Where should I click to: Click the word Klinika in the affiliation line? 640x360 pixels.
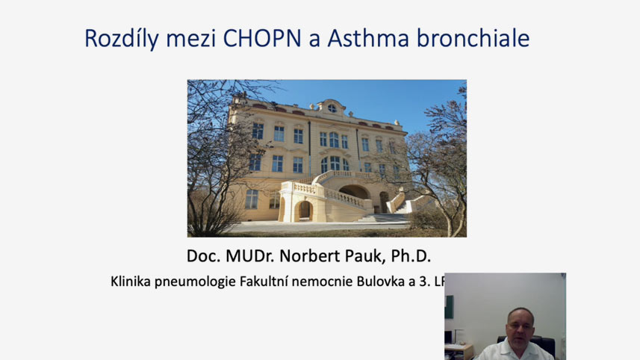pyautogui.click(x=131, y=282)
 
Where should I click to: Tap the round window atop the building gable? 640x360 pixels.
pyautogui.click(x=332, y=108)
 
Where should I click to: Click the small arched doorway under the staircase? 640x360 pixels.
pyautogui.click(x=304, y=211)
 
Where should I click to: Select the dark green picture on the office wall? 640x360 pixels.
pyautogui.click(x=449, y=306)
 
